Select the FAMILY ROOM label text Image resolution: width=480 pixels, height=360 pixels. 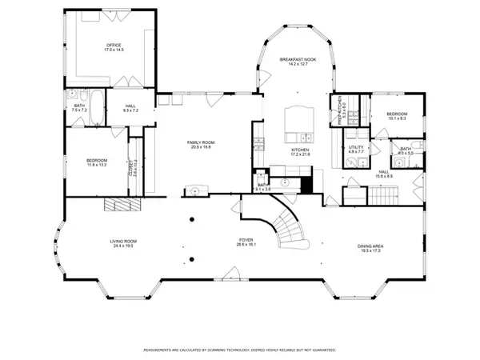pyautogui.click(x=202, y=142)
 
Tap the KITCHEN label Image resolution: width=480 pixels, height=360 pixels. pyautogui.click(x=300, y=149)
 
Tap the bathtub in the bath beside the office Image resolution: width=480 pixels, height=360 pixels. pyautogui.click(x=95, y=108)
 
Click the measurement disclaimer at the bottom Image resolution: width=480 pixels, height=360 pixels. pyautogui.click(x=239, y=350)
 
